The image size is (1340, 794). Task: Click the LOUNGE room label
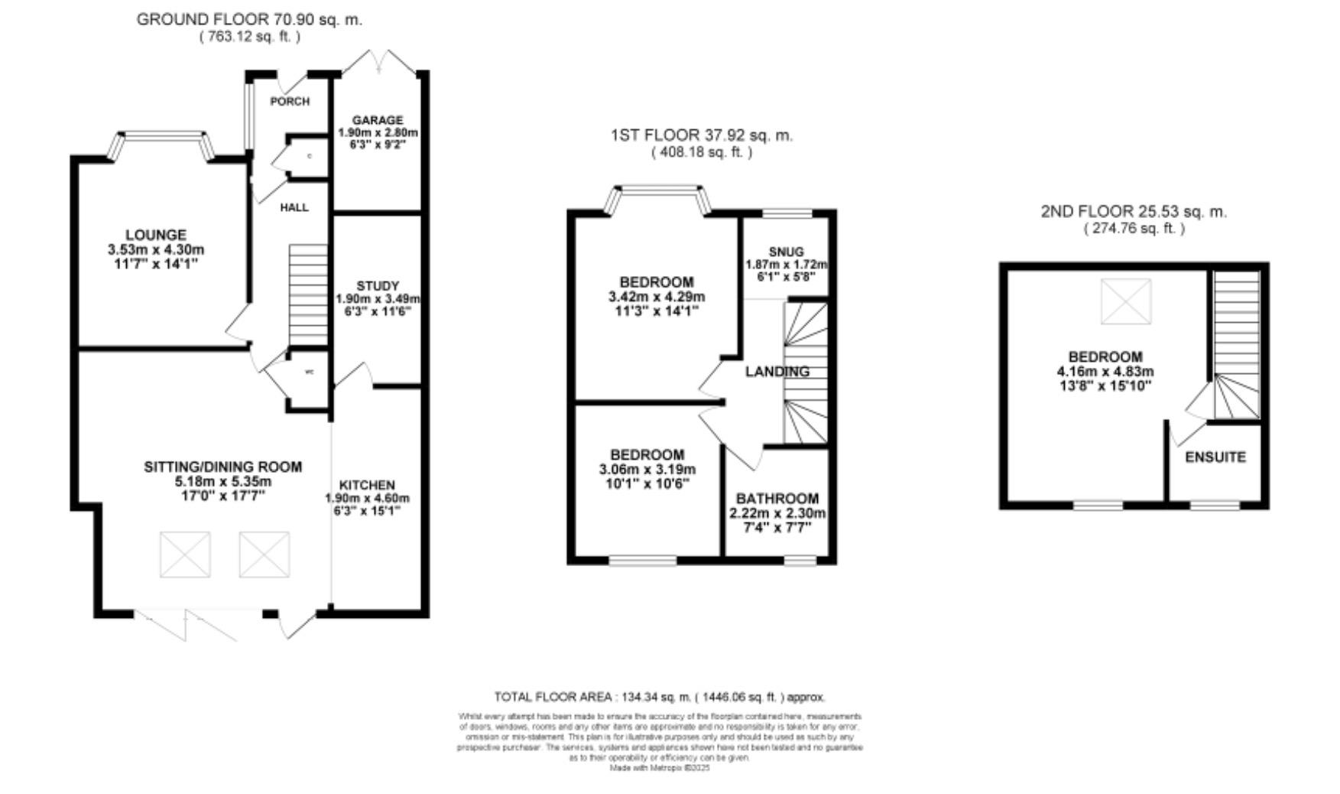[x=156, y=235]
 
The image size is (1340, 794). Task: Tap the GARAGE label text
[x=378, y=121]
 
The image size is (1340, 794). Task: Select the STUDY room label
[x=378, y=286]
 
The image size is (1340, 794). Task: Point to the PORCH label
[x=290, y=101]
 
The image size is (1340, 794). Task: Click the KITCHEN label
[x=367, y=485]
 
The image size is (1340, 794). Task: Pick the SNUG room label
[x=786, y=252]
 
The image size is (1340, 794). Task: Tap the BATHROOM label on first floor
[x=777, y=499]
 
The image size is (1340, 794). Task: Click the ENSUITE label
[x=1215, y=457]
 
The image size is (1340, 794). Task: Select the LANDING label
[x=777, y=372]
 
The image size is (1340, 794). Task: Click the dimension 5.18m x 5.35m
[x=222, y=482]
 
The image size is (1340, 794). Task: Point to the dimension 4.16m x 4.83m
[x=1115, y=372]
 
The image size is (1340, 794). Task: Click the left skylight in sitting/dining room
[x=185, y=555]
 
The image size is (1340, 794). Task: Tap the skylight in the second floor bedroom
[x=1125, y=301]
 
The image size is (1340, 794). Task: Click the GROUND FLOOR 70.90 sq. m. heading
[x=249, y=20]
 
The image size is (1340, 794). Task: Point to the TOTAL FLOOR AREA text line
[x=659, y=697]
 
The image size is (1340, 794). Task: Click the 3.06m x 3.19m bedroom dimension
[x=647, y=469]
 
